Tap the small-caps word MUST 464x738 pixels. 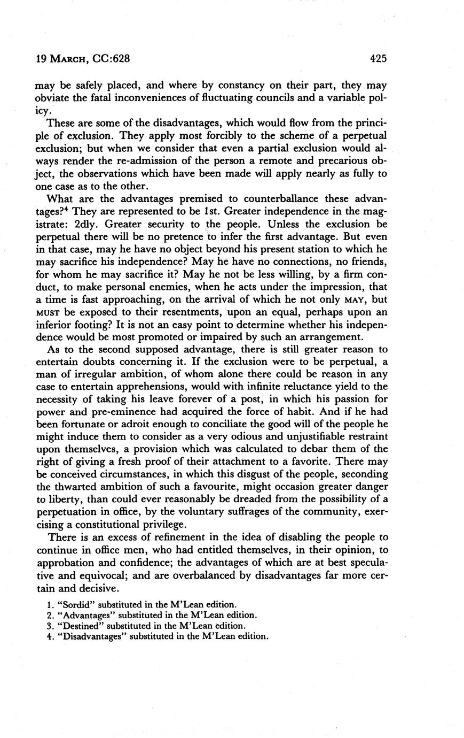coord(45,312)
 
